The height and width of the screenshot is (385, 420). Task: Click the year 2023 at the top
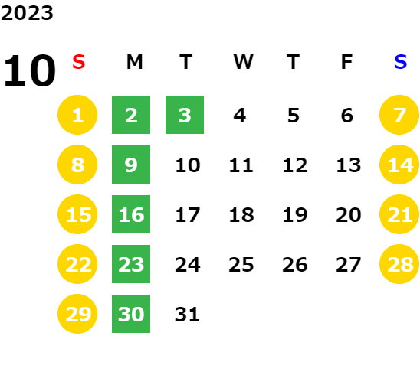click(27, 13)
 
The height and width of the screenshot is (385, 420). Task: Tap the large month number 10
click(29, 70)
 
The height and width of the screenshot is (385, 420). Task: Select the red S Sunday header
click(79, 62)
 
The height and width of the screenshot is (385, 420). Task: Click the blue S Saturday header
click(400, 62)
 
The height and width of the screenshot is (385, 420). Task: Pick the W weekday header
click(243, 62)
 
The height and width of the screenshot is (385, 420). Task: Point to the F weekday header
click(346, 62)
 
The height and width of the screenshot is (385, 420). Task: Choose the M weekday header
click(134, 62)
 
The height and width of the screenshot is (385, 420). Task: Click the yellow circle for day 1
click(77, 115)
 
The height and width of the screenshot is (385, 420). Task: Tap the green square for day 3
click(185, 115)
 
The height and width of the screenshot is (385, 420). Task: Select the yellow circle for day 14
click(399, 165)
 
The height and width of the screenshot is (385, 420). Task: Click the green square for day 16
click(131, 214)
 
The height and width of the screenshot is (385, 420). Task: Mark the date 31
click(187, 314)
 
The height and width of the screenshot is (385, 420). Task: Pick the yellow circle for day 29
click(77, 314)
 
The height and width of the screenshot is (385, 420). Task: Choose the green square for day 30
click(131, 314)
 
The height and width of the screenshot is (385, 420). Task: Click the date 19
click(295, 214)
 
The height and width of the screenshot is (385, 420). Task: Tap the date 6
click(347, 116)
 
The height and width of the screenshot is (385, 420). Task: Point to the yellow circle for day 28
click(399, 264)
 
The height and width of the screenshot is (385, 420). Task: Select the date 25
click(241, 265)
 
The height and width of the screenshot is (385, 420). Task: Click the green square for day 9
click(131, 165)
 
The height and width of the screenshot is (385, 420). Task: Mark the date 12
click(295, 165)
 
